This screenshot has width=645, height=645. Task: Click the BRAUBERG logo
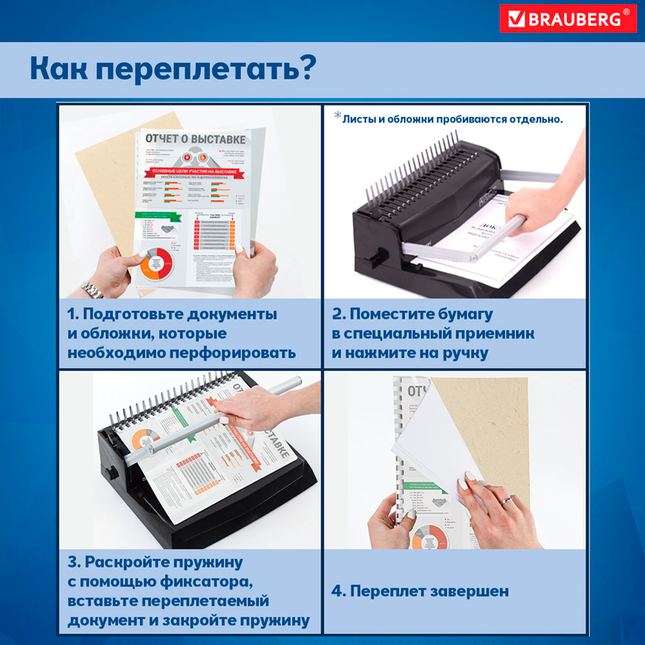pos(568,19)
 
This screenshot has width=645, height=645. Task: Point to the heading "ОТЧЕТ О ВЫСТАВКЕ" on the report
pos(195,139)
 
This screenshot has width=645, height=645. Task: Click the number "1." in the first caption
pos(74,315)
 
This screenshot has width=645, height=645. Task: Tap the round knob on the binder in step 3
pos(112,473)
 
